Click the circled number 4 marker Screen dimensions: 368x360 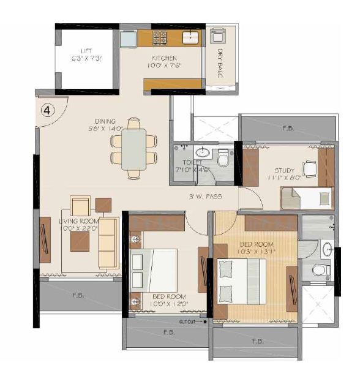pos(47,110)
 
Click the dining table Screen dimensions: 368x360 pos(134,149)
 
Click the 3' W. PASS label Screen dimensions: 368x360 pos(204,197)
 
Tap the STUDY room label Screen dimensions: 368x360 pos(284,170)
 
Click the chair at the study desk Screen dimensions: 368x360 pos(310,168)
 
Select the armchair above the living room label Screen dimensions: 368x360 pos(80,206)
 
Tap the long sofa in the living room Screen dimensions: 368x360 pos(110,242)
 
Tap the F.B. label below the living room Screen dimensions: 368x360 pos(78,295)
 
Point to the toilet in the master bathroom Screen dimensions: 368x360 pos(317,270)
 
